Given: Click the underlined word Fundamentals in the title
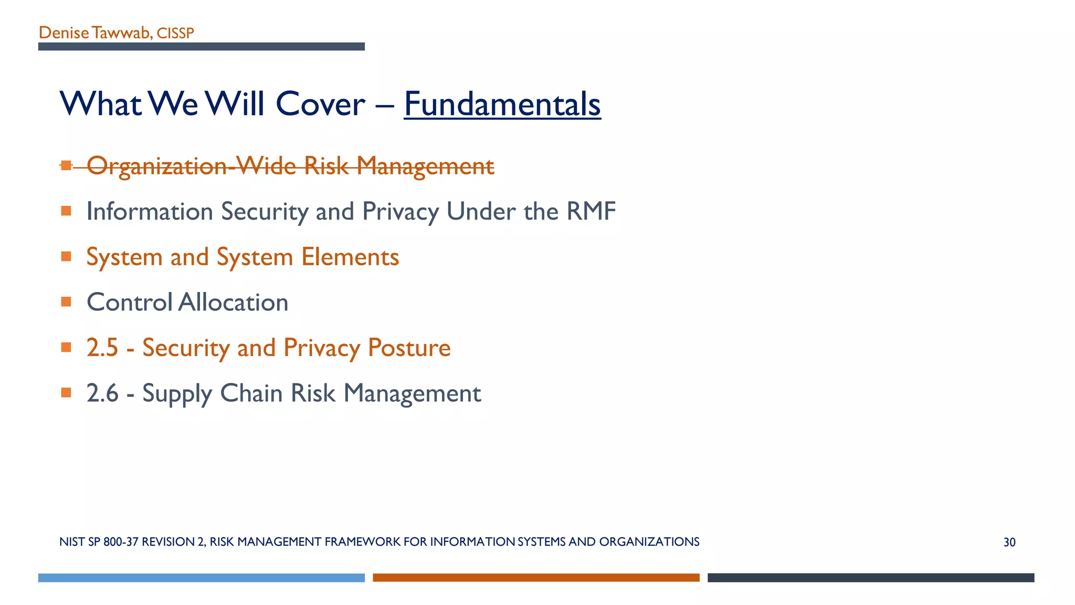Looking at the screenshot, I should [x=502, y=104].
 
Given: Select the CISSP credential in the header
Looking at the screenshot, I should [x=175, y=33].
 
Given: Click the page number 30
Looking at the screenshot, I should [x=1009, y=542].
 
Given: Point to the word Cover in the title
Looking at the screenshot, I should [x=320, y=104].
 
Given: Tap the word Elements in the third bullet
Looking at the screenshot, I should [x=350, y=257].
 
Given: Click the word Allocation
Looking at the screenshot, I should [x=233, y=302].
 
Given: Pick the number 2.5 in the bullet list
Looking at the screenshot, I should [x=102, y=348].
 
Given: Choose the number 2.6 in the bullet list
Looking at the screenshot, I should [x=102, y=393].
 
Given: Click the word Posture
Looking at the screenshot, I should [x=409, y=348].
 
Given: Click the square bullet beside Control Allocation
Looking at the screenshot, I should [x=66, y=302].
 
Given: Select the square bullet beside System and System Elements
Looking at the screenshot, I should [x=66, y=256].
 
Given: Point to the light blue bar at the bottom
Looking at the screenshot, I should [x=201, y=578].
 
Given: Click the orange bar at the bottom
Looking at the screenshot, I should [x=536, y=578].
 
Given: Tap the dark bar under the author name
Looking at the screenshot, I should [x=201, y=47].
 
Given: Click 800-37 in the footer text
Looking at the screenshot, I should [x=121, y=542].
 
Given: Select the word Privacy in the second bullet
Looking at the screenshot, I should [x=400, y=211].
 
